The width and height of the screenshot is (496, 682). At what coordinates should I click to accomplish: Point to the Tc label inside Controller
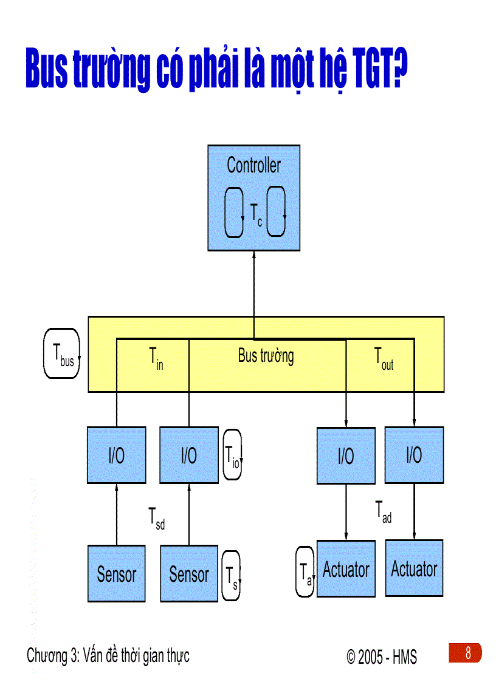[256, 215]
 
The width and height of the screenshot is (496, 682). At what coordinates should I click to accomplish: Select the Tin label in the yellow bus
[156, 358]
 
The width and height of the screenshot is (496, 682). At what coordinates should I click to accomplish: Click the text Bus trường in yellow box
[266, 356]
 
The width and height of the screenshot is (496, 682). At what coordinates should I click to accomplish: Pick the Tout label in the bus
[383, 358]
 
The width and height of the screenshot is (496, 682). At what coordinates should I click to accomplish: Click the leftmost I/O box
[116, 455]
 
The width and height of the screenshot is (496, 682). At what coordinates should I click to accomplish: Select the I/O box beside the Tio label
[188, 455]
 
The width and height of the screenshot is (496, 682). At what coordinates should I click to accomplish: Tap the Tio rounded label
[232, 454]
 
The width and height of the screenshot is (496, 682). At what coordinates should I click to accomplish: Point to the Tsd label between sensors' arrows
[156, 518]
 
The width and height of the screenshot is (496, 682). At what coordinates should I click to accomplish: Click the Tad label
[383, 512]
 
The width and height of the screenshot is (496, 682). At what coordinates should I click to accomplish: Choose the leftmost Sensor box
[116, 574]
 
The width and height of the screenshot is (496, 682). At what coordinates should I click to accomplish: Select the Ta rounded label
[305, 572]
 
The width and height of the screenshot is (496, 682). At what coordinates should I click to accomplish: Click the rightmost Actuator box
[414, 568]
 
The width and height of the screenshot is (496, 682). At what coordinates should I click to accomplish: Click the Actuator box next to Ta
[346, 569]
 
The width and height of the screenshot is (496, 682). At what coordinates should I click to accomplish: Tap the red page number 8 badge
[467, 653]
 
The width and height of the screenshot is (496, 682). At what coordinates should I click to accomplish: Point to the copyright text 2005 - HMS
[382, 657]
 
